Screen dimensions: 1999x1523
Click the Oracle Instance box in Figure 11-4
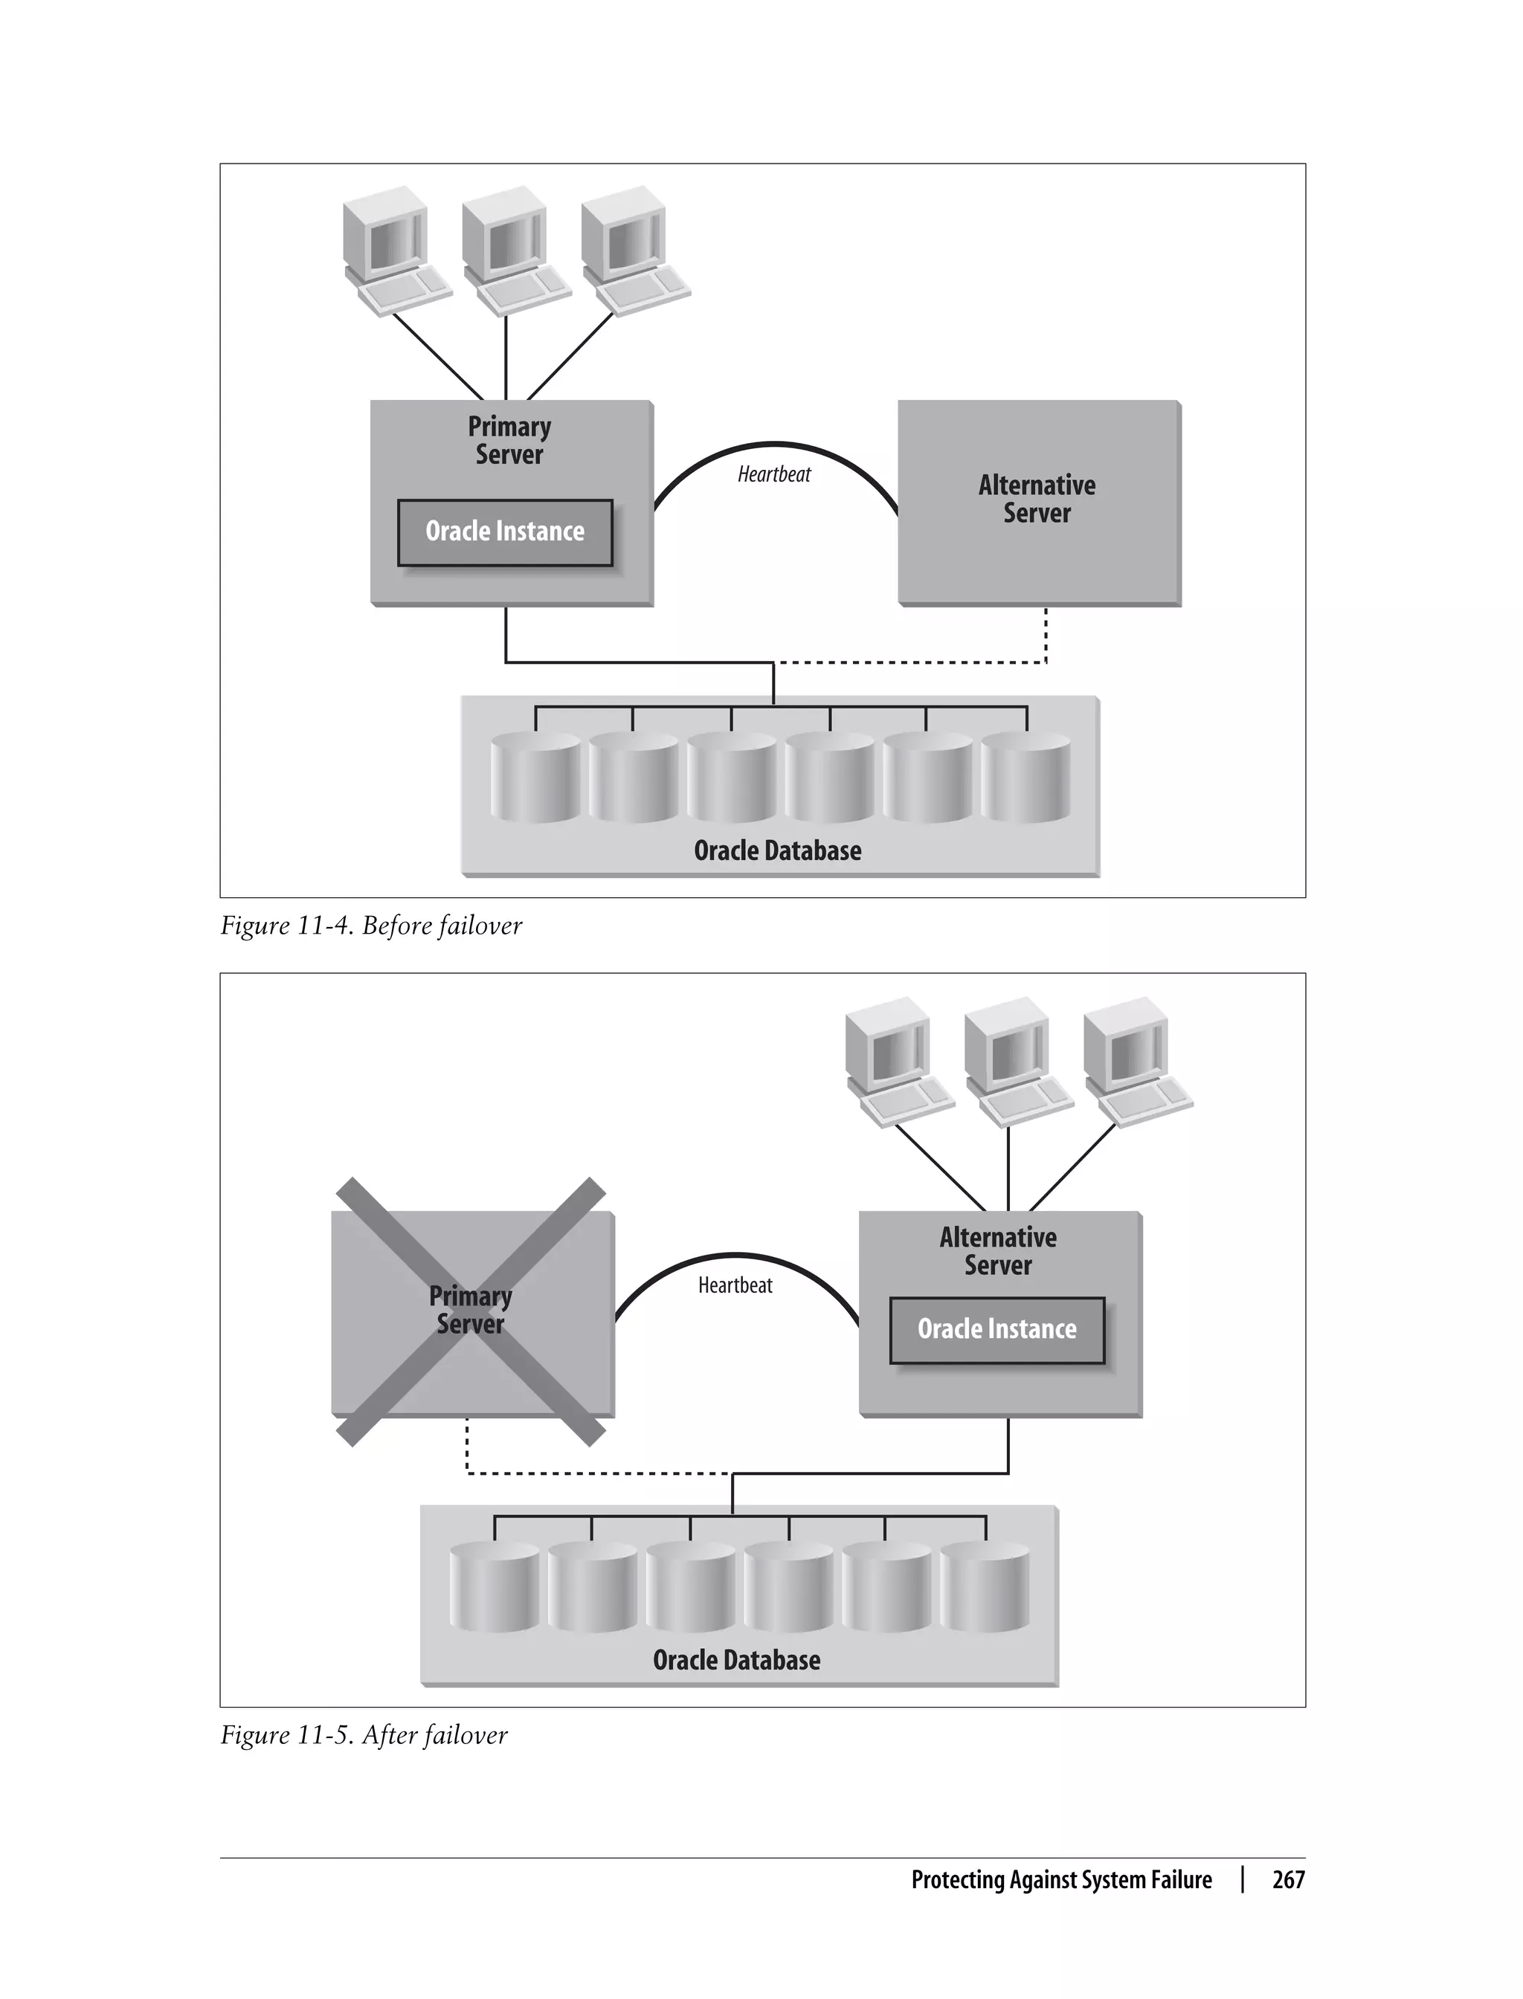coord(505,532)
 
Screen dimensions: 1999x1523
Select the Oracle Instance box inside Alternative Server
coord(996,1329)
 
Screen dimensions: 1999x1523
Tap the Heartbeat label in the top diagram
coord(774,474)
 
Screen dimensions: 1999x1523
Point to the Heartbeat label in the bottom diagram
coord(735,1285)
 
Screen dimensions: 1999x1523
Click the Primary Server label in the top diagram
coord(509,440)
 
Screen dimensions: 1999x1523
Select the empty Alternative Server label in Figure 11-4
coord(1037,500)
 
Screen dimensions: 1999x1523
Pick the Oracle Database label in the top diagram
coord(777,851)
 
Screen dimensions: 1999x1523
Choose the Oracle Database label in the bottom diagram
coord(736,1660)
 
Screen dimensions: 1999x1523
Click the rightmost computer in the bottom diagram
coord(1134,1060)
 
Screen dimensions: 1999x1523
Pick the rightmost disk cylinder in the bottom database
coord(985,1588)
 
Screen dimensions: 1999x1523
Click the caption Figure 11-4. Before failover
coord(371,926)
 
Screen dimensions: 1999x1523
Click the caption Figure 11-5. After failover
coord(364,1735)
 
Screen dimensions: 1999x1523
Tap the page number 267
coord(1287,1879)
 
